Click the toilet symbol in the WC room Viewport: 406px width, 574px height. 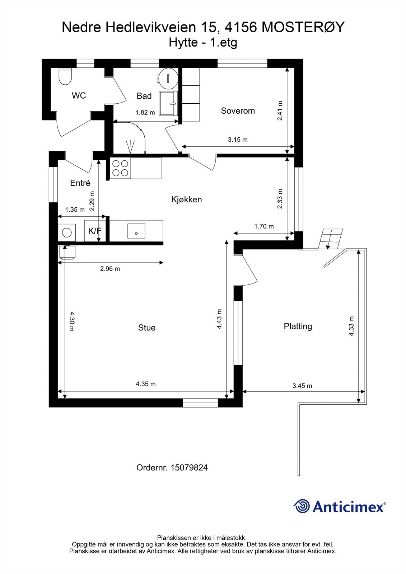[65, 76]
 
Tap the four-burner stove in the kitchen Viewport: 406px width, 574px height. [120, 168]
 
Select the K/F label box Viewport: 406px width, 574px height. [95, 231]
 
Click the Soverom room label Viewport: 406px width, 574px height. [238, 111]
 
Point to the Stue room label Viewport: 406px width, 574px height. [147, 328]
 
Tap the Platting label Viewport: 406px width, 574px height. [298, 326]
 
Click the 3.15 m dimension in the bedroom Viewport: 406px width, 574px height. [238, 140]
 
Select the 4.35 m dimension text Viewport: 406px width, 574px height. [146, 384]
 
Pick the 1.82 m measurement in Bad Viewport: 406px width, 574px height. [145, 113]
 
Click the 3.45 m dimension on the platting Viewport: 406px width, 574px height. [302, 386]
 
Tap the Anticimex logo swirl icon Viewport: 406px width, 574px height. [302, 506]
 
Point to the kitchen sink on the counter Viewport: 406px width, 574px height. [136, 231]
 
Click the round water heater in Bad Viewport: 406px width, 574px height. [168, 78]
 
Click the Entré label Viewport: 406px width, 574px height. [80, 183]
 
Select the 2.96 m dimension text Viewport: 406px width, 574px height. [110, 269]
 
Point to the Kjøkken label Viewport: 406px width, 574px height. [186, 199]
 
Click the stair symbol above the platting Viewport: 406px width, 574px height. [331, 239]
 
